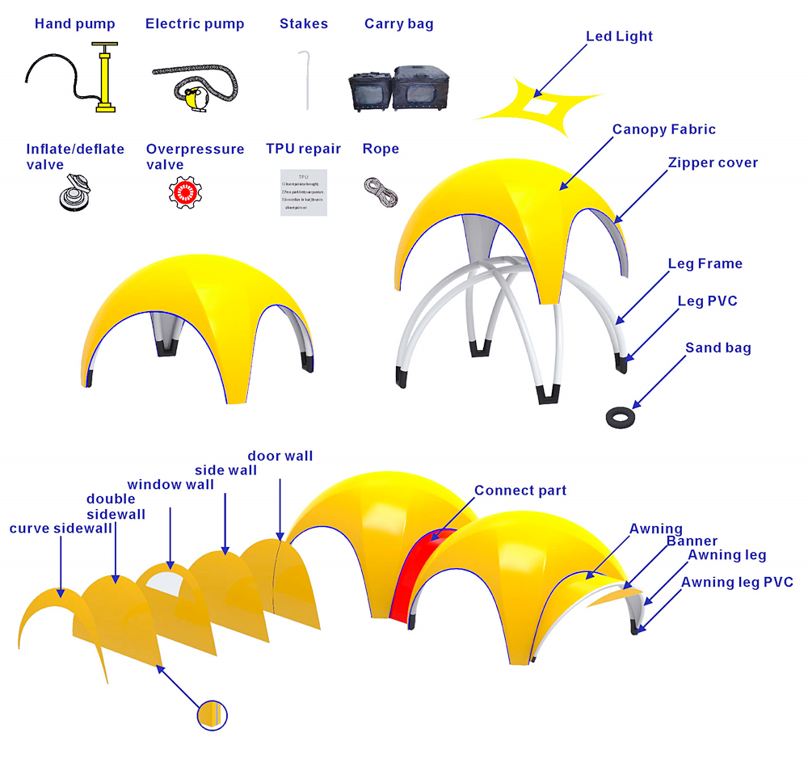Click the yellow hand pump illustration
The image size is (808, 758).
coord(104,81)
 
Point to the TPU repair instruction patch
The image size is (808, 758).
coord(303,192)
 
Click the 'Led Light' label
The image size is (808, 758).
coord(619,36)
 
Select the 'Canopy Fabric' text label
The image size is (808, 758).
coord(663,129)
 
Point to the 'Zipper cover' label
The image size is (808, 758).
coord(713,162)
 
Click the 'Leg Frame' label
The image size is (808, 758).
coord(705,263)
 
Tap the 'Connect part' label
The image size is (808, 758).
coord(520,491)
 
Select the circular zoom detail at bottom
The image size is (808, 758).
coord(213,714)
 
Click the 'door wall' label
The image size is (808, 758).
coord(280,457)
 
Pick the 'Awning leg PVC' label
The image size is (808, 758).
coord(737,582)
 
